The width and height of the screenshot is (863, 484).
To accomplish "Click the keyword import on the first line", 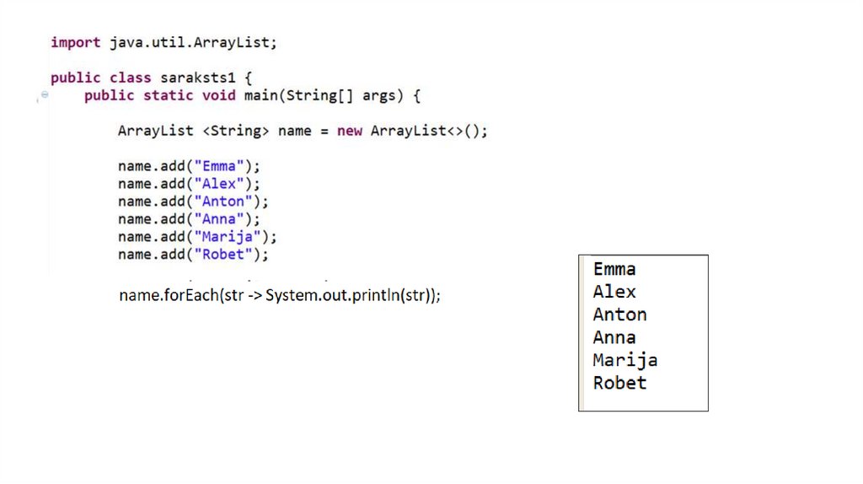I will pyautogui.click(x=75, y=42).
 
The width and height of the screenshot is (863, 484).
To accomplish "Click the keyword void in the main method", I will pyautogui.click(x=218, y=95).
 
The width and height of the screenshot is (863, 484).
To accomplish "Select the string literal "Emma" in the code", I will pyautogui.click(x=219, y=166).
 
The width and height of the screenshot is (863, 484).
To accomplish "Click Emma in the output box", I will pyautogui.click(x=614, y=269).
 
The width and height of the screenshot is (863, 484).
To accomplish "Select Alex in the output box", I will pyautogui.click(x=614, y=292).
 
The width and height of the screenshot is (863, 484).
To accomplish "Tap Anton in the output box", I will pyautogui.click(x=619, y=315).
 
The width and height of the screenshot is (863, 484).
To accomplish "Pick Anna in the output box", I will pyautogui.click(x=614, y=337).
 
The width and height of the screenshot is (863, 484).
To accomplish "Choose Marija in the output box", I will pyautogui.click(x=624, y=360).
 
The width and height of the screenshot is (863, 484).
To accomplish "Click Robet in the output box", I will pyautogui.click(x=619, y=383).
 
